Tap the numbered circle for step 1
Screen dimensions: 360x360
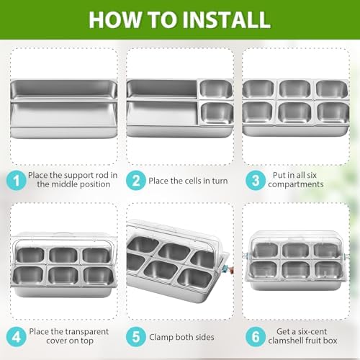coord(16,180)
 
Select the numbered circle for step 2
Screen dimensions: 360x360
coord(136,180)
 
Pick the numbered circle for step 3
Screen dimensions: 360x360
coord(256,180)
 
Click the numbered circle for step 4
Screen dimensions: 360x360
coord(16,336)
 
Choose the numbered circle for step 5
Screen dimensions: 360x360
coord(136,336)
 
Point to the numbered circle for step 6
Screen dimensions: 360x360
coord(256,336)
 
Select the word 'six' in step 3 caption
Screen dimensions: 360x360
coord(312,175)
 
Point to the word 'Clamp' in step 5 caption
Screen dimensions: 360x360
coord(161,337)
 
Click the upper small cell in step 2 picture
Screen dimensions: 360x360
coord(216,89)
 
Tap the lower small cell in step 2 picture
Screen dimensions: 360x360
coord(217,113)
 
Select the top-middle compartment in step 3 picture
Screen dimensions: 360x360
coord(295,89)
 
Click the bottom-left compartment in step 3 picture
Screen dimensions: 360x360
coord(258,112)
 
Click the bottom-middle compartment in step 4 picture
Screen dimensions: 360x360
coord(63,276)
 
